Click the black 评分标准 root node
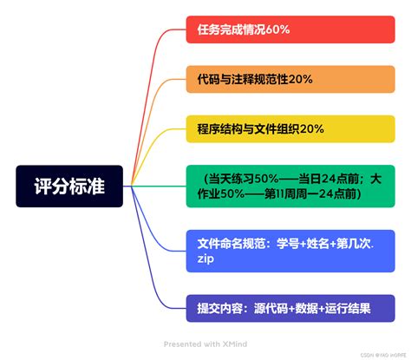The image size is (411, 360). pyautogui.click(x=69, y=186)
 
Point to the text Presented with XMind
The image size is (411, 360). pyautogui.click(x=205, y=343)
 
